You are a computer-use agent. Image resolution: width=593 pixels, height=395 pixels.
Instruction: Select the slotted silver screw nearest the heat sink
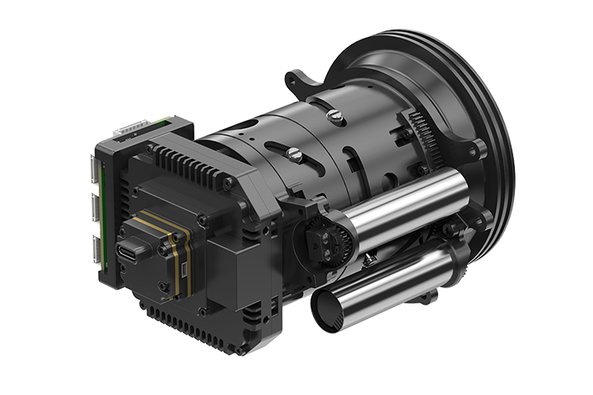coord(293,153)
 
